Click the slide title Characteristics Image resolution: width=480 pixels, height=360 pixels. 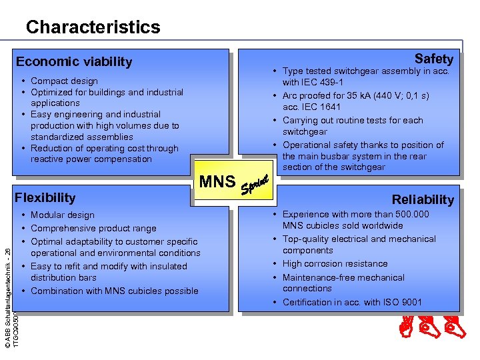click(93, 27)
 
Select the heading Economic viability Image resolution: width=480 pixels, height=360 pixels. click(74, 62)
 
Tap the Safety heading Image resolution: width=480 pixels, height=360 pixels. click(433, 59)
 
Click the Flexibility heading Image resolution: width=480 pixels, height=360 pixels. click(45, 197)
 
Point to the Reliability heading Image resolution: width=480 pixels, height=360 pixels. click(423, 199)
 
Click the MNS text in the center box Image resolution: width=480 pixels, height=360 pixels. click(217, 181)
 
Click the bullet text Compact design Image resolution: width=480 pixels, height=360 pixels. click(64, 81)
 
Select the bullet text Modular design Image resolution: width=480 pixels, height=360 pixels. click(63, 215)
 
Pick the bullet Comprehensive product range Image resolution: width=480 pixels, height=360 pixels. click(93, 229)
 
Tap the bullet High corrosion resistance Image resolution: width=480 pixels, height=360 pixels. click(335, 264)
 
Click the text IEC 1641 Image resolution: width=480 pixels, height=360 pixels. click(321, 107)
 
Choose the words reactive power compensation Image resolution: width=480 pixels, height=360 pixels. click(91, 159)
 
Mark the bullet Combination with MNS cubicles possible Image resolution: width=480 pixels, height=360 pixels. click(114, 291)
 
